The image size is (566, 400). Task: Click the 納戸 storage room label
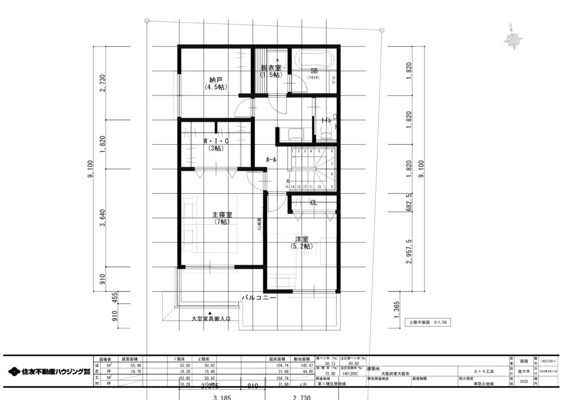click(x=214, y=83)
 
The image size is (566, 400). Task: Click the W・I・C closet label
click(x=215, y=144)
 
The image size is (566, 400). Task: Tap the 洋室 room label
click(x=302, y=243)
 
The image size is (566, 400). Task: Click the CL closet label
click(x=313, y=203)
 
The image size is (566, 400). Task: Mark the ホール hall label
click(x=271, y=160)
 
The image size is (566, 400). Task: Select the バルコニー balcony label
click(x=258, y=298)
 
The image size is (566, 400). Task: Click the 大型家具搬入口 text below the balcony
click(x=211, y=319)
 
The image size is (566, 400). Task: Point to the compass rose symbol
click(x=513, y=39)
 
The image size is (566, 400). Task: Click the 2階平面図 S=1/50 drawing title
click(x=428, y=322)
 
